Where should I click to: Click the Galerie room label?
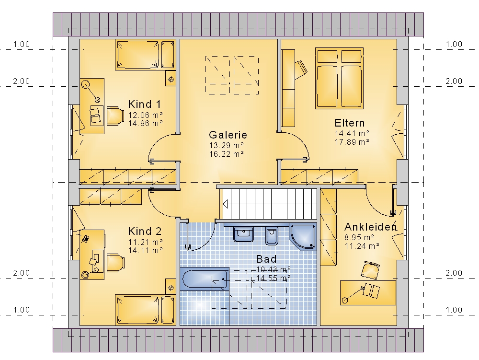[x=228, y=135]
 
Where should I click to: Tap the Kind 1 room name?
[x=145, y=104]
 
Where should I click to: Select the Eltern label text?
[x=350, y=123]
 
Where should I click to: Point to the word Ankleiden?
[x=371, y=227]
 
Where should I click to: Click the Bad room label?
[x=266, y=259]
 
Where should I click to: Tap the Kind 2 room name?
[x=145, y=232]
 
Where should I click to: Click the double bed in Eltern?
[x=340, y=78]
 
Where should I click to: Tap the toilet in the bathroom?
[x=272, y=236]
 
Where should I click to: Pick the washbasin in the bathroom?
[x=243, y=234]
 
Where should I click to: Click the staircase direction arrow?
[x=226, y=204]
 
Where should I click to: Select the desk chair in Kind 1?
[x=115, y=116]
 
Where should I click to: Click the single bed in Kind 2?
[x=146, y=310]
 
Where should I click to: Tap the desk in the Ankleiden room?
[x=368, y=293]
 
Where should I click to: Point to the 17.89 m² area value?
[x=352, y=142]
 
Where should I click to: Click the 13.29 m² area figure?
[x=227, y=145]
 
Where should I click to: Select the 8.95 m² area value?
[x=360, y=237]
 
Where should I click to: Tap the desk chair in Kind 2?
[x=115, y=263]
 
